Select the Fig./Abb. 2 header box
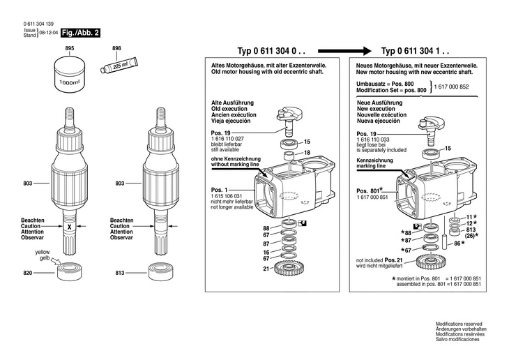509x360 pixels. [x=80, y=33]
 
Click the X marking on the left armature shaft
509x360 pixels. [x=70, y=225]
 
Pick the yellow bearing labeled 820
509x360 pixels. [x=70, y=272]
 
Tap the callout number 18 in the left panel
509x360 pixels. [x=306, y=153]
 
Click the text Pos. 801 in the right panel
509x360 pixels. [x=370, y=190]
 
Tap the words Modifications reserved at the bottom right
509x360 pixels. [x=457, y=324]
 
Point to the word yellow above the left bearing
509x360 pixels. [x=43, y=252]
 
